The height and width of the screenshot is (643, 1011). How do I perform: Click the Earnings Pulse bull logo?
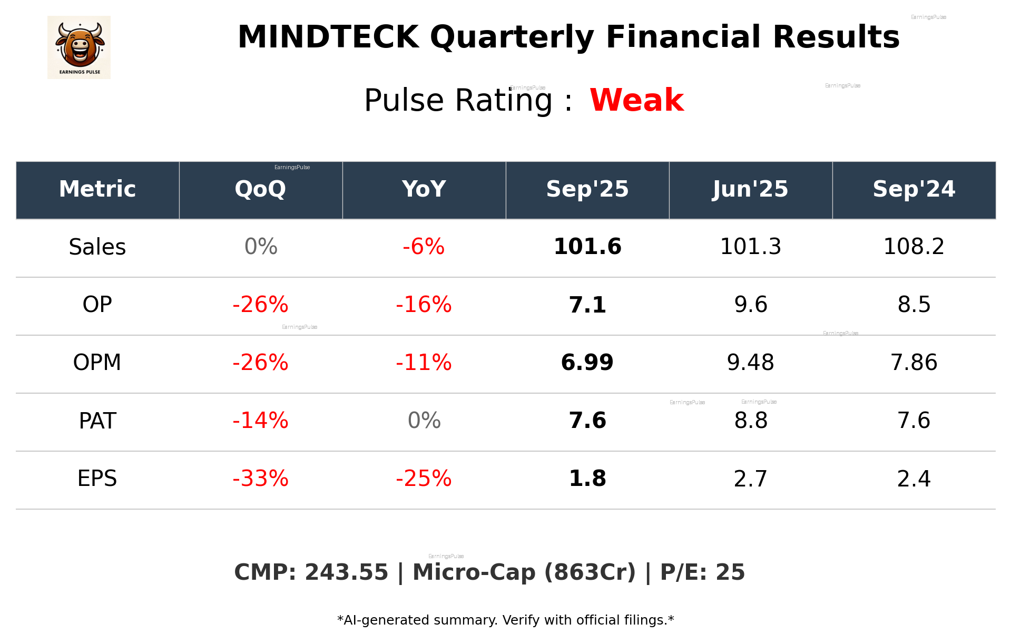click(79, 47)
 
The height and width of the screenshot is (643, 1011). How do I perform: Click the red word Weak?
click(636, 100)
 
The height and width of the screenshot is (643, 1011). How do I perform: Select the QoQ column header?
click(260, 189)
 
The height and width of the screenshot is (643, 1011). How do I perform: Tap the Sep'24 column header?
click(914, 189)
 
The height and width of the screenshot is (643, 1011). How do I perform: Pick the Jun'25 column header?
click(750, 189)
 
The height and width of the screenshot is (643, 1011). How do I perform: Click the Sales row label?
click(97, 247)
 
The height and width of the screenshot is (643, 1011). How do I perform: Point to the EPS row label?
click(97, 479)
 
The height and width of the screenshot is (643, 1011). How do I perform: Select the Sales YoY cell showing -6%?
click(424, 247)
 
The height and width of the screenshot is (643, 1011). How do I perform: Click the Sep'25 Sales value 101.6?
click(587, 247)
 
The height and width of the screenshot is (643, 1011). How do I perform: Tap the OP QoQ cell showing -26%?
click(260, 305)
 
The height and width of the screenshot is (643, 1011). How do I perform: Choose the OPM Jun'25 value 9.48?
click(750, 363)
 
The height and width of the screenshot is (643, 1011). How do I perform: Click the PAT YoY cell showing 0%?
click(424, 421)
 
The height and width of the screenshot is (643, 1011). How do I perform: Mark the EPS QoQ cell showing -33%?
click(260, 479)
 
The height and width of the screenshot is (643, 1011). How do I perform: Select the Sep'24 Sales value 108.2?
click(914, 247)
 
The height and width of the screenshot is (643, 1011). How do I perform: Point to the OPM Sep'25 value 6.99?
click(587, 363)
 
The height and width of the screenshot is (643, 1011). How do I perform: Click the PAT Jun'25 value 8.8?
click(750, 421)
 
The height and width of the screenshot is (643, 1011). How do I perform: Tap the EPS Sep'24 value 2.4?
click(914, 479)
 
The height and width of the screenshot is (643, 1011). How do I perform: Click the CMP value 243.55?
click(346, 572)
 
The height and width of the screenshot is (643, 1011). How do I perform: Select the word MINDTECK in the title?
click(328, 37)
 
